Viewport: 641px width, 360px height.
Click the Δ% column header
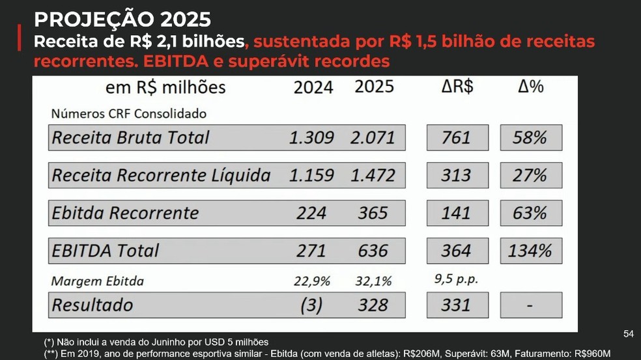pyautogui.click(x=531, y=87)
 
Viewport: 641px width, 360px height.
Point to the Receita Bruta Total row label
pyautogui.click(x=131, y=138)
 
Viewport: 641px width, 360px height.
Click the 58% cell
pyautogui.click(x=531, y=138)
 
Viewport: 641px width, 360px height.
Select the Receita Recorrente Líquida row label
pyautogui.click(x=161, y=175)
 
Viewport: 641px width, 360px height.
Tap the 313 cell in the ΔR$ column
pyautogui.click(x=456, y=175)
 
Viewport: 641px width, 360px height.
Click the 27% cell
pyautogui.click(x=531, y=175)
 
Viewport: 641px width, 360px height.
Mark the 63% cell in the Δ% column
pyautogui.click(x=531, y=214)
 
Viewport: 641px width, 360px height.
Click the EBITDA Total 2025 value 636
pyautogui.click(x=373, y=251)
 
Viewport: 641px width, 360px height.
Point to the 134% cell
pyautogui.click(x=530, y=251)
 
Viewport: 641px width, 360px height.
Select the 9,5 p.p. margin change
pyautogui.click(x=455, y=279)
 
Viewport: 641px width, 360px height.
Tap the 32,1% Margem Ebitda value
pyautogui.click(x=374, y=281)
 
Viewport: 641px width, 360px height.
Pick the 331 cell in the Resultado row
pyautogui.click(x=456, y=305)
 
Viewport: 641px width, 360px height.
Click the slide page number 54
pyautogui.click(x=628, y=334)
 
